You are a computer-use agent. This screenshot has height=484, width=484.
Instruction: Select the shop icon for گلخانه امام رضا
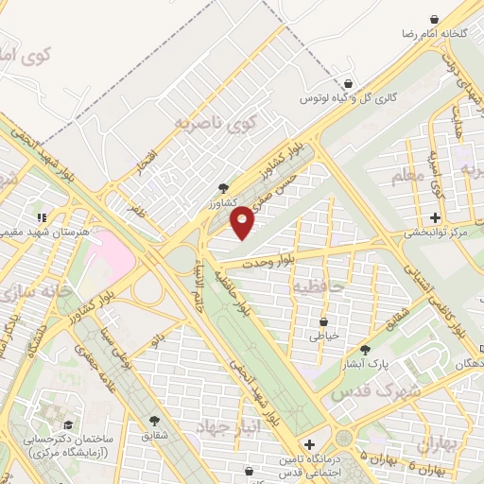pos(434,19)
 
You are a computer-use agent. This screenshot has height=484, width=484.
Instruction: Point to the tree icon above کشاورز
pos(222,187)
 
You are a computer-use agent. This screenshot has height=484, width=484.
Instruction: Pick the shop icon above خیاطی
pos(324,321)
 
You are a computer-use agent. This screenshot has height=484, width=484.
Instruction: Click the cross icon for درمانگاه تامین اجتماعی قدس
pos(310,444)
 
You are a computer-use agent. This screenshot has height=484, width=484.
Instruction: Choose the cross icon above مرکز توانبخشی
pos(435,217)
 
